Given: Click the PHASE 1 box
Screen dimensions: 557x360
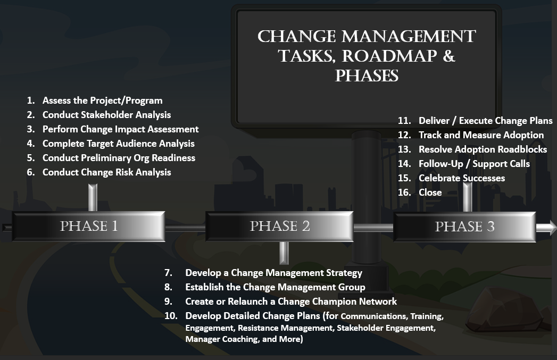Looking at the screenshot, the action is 88,227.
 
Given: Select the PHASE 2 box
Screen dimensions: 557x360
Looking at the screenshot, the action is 280,227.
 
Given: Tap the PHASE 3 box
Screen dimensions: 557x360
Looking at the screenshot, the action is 464,227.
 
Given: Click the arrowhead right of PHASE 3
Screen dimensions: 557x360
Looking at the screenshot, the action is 547,228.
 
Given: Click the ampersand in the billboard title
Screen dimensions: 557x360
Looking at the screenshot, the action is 449,56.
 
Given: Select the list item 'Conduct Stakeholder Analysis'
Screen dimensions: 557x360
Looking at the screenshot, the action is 106,115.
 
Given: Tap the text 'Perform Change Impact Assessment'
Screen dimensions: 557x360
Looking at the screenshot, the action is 120,129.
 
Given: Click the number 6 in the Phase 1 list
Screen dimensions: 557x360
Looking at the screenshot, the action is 30,172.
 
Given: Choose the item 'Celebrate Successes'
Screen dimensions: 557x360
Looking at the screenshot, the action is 462,178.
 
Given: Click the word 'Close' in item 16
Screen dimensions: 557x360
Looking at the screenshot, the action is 430,192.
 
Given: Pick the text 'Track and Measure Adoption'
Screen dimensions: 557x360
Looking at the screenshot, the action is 481,135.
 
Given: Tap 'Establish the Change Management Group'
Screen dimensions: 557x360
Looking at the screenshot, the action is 275,287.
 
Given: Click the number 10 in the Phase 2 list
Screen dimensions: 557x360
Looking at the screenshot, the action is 171,316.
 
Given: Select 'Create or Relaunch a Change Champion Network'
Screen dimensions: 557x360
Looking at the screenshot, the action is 291,302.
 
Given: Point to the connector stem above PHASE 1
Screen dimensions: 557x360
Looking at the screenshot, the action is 93,198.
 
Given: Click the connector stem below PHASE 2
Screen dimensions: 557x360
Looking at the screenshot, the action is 284,253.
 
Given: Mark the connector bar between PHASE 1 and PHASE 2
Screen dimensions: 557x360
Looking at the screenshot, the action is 186,228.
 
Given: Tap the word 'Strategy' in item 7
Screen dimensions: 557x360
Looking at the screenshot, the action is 344,273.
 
